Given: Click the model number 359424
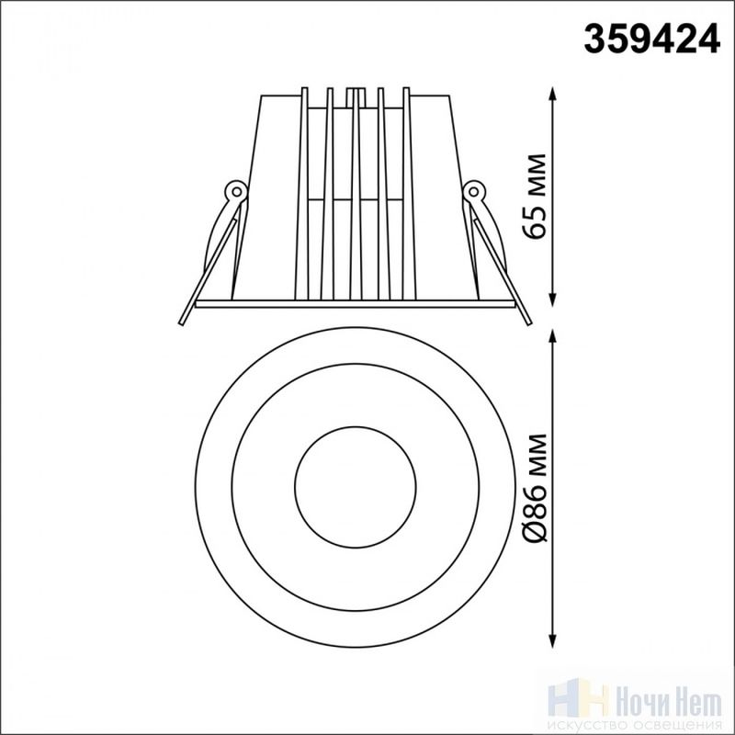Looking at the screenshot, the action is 651,40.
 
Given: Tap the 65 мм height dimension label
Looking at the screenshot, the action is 535,196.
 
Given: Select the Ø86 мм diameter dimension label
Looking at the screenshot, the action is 535,489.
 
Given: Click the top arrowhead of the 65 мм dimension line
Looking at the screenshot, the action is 553,94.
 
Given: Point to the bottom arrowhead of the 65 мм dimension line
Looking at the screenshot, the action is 553,300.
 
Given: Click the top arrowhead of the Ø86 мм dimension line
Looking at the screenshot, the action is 553,336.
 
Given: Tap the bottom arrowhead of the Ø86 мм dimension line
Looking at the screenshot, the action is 553,640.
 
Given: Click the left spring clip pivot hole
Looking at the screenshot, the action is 237,191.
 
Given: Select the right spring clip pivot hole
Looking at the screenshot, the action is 474,191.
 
